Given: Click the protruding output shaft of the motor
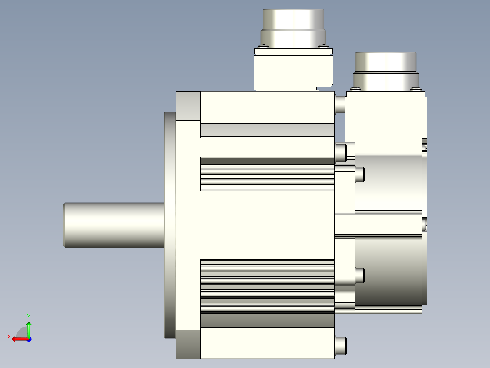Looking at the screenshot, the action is tap(114, 225).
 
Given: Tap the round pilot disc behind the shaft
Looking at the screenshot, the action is tap(170, 225).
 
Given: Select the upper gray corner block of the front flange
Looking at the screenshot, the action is tap(189, 106).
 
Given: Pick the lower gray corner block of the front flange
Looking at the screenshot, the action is tap(189, 344).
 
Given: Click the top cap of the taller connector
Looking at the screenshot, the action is tap(294, 19).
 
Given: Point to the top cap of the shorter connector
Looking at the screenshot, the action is tap(386, 62).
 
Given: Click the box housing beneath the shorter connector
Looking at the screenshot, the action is tap(386, 125).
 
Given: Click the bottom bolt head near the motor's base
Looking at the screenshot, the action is tap(340, 346).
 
